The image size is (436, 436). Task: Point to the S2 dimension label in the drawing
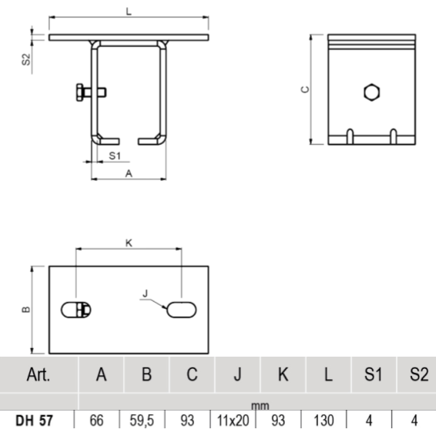[26, 59]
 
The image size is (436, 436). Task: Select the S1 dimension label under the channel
[113, 156]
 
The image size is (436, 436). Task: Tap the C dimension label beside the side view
[304, 89]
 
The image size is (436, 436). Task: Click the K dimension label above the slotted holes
[129, 243]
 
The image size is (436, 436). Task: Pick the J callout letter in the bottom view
[144, 293]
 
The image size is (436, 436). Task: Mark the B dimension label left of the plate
[25, 310]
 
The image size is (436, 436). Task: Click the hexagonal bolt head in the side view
[371, 93]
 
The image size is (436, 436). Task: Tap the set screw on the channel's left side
[83, 92]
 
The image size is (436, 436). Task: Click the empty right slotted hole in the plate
[182, 309]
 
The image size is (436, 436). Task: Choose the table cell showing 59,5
[146, 422]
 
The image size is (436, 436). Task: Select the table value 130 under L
[327, 422]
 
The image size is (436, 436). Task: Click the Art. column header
[38, 375]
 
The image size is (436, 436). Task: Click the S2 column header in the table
[418, 375]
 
